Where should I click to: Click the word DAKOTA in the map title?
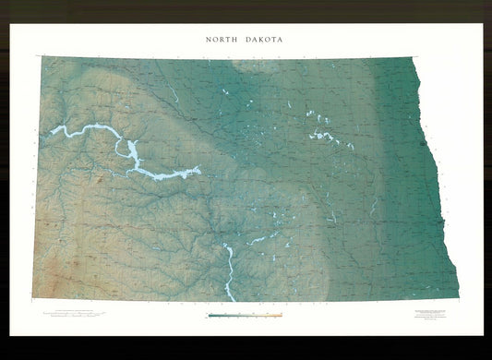pos(264,41)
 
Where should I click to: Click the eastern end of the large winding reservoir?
pos(198,169)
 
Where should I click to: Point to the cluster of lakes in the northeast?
pos(323,135)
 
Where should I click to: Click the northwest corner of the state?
pos(42,57)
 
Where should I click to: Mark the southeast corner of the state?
pos(457,299)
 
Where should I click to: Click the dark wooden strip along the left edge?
pos(4,185)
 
